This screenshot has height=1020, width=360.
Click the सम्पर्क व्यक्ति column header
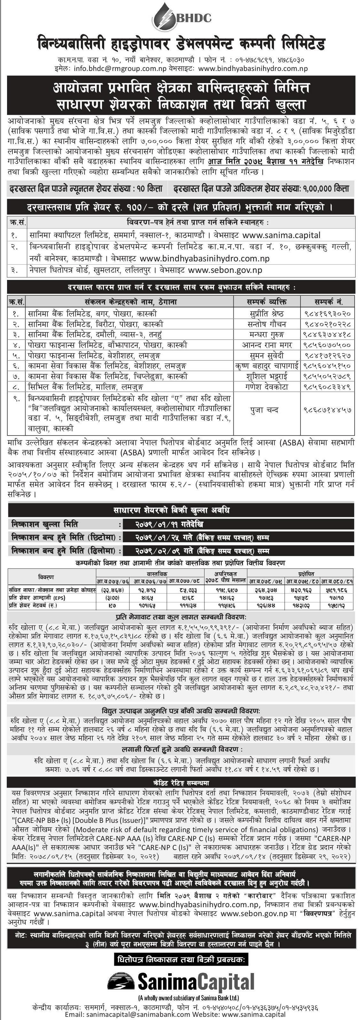click(267, 302)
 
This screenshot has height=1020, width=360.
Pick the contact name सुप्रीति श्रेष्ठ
click(267, 313)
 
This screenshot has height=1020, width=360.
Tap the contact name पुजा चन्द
click(264, 410)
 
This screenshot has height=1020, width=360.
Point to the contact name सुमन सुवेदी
click(267, 356)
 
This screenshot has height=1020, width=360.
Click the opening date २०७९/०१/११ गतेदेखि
click(169, 524)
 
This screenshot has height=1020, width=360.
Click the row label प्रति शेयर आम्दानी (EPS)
click(38, 598)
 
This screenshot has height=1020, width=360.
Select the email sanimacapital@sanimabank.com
click(129, 1015)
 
